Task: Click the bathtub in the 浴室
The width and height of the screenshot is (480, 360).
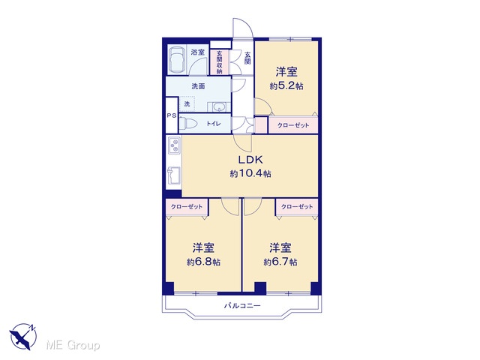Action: coord(177,60)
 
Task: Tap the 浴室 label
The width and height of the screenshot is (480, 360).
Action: coord(197,52)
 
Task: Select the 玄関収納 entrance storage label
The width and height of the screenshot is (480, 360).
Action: coord(219,62)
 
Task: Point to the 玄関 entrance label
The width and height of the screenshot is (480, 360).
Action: coord(247,58)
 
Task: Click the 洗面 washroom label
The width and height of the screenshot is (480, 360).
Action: coord(198,86)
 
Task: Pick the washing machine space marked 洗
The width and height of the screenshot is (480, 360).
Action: coord(187,103)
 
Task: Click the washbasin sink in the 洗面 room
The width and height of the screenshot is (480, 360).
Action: coord(219,107)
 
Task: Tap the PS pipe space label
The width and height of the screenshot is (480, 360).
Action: coord(172,115)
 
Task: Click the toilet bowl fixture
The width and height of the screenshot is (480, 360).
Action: coord(188,124)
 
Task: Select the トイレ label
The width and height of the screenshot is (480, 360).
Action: coord(213,124)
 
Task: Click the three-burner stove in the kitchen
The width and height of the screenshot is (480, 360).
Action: coord(175,145)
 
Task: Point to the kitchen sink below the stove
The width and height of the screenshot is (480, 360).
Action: coord(174,175)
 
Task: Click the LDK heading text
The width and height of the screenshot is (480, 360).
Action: coord(250,160)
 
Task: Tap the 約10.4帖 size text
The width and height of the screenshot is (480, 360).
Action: coord(250,174)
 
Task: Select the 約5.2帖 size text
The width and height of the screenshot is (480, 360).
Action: coord(286,86)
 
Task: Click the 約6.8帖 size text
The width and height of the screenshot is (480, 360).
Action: coord(203,262)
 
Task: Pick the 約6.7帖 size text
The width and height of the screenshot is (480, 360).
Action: coord(280,262)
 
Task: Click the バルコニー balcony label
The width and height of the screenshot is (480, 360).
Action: coord(242,305)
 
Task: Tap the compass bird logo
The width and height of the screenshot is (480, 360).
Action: coord(23,336)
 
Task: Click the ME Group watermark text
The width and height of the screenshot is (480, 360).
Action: coord(73,346)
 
